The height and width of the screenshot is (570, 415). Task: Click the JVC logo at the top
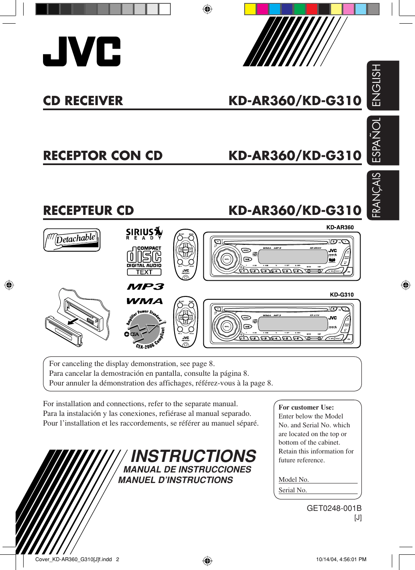coord(81,51)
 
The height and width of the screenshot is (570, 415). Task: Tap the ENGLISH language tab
coord(383,85)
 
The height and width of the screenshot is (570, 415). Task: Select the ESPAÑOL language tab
coord(383,140)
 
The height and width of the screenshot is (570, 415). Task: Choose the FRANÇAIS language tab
coord(383,195)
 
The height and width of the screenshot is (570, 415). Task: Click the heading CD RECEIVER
coord(83,101)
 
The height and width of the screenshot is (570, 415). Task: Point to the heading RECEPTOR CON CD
coord(102,156)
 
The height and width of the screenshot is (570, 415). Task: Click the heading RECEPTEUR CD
coord(88,211)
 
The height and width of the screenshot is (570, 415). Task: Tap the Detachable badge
coord(72,240)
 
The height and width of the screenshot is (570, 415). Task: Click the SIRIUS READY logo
coord(144,233)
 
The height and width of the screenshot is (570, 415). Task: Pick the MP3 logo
coord(145,287)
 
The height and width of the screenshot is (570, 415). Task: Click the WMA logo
coord(144,301)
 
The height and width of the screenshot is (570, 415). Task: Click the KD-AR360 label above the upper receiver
coord(340,227)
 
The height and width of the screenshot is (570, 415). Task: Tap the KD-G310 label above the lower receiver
coord(342,295)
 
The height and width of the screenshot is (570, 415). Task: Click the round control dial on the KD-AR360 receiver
coord(226,259)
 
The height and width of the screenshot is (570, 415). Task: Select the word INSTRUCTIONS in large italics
coord(194,456)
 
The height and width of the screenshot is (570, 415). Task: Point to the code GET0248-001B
coord(334,508)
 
